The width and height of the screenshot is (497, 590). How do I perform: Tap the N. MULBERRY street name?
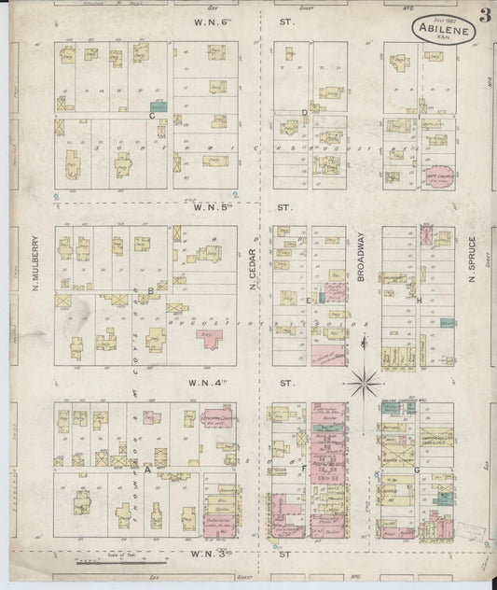(x=35, y=262)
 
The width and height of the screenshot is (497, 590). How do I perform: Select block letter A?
(x=147, y=471)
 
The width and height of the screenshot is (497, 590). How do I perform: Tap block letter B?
(x=150, y=291)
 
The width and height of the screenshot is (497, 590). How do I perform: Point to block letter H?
(x=421, y=300)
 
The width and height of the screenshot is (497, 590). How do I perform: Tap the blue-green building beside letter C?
(x=159, y=107)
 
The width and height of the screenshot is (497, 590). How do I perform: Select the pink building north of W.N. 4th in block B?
(x=209, y=341)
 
